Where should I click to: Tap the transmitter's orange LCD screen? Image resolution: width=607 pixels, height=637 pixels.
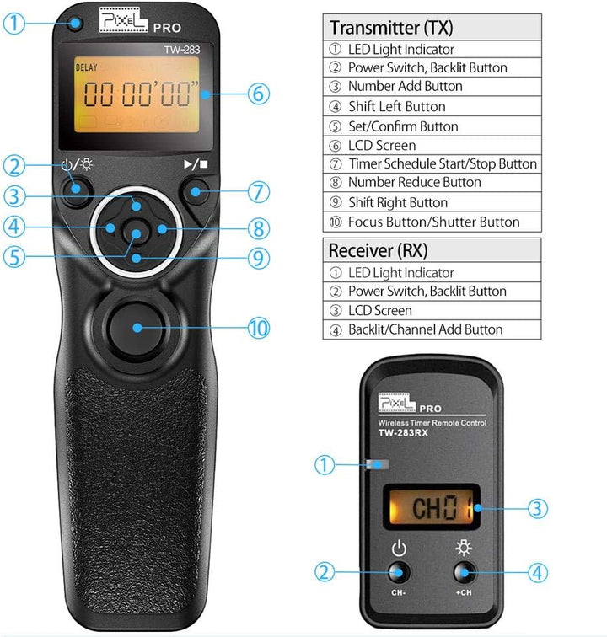pyautogui.click(x=137, y=96)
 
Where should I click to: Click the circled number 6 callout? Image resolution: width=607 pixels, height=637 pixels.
pyautogui.click(x=260, y=93)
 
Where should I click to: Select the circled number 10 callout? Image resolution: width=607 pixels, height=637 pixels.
pyautogui.click(x=259, y=328)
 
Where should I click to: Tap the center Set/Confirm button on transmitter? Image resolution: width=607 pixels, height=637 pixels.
pyautogui.click(x=134, y=229)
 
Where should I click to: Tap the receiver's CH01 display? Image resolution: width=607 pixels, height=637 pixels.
pyautogui.click(x=432, y=508)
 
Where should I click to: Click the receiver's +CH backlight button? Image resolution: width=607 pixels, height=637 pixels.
pyautogui.click(x=462, y=573)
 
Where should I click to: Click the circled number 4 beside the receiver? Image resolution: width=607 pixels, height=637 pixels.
pyautogui.click(x=540, y=573)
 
